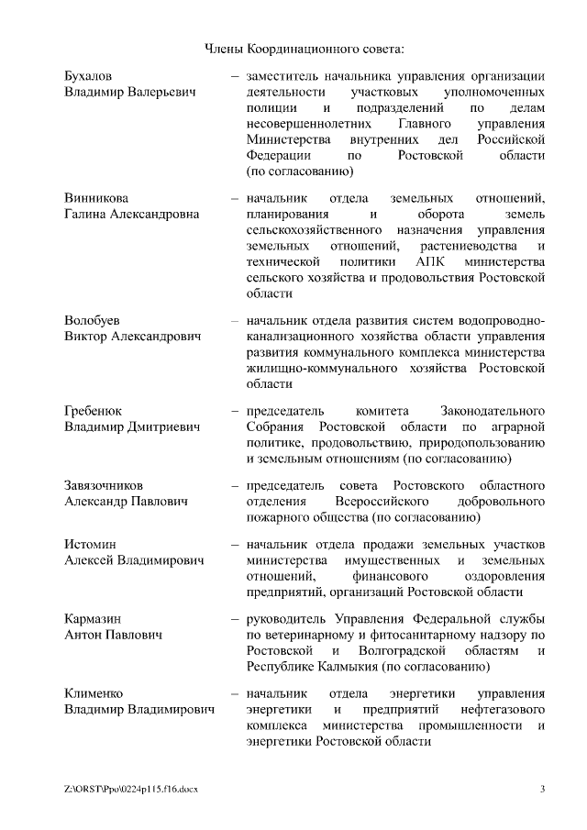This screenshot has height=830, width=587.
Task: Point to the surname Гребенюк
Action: (x=93, y=410)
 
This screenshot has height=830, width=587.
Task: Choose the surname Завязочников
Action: (x=104, y=484)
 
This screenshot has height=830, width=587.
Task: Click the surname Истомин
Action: (x=90, y=545)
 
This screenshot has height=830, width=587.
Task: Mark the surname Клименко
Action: (x=94, y=693)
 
